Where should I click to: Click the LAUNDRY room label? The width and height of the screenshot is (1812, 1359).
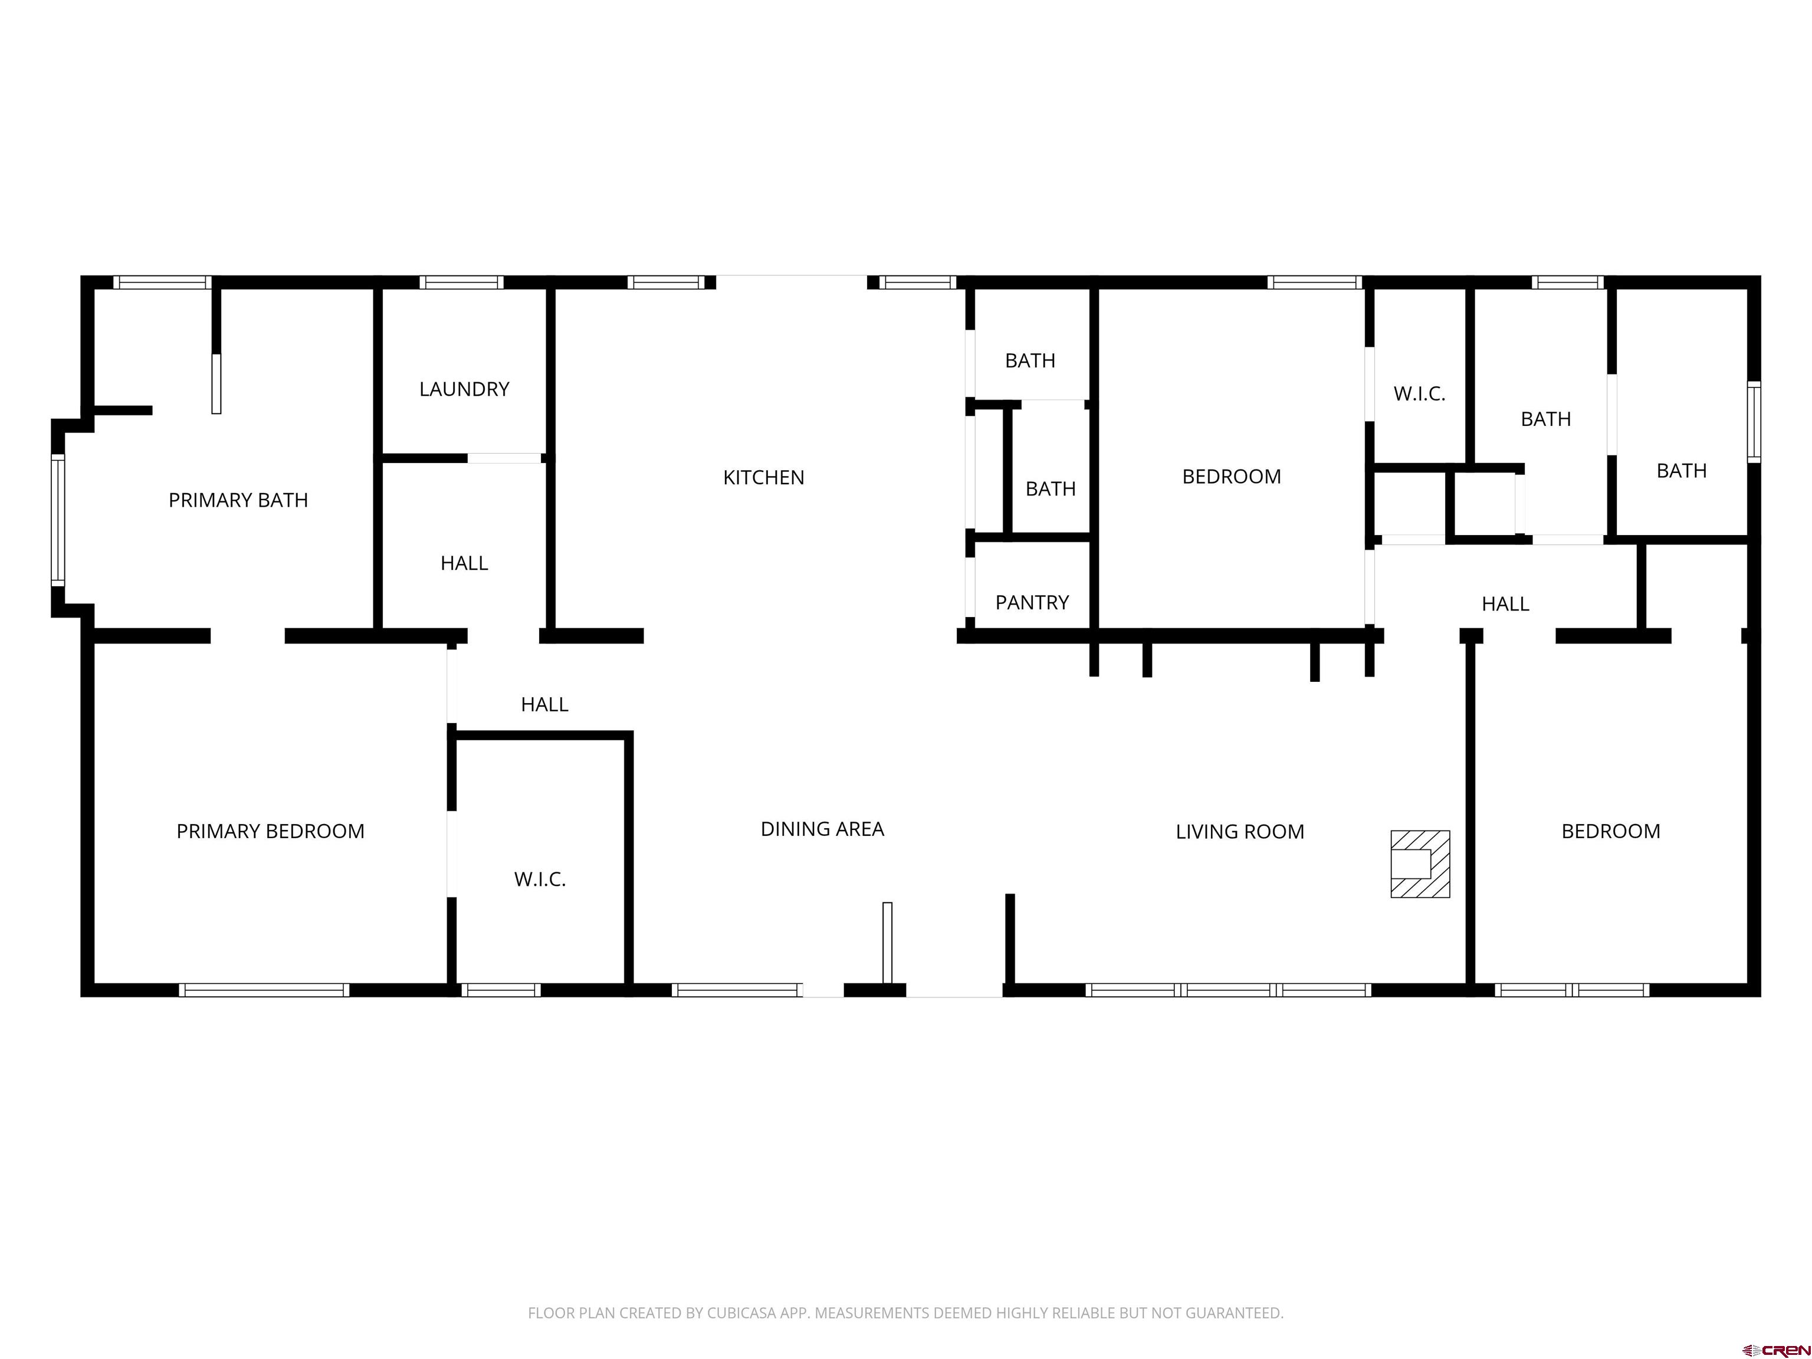(x=464, y=389)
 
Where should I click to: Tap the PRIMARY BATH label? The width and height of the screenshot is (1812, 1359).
(x=238, y=500)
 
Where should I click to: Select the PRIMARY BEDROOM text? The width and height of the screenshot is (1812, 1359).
(x=270, y=832)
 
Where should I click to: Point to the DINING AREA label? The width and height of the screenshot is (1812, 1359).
(x=822, y=829)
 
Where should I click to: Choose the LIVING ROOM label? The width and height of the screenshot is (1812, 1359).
(x=1239, y=832)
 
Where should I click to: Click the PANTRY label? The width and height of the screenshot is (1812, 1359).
(x=1032, y=603)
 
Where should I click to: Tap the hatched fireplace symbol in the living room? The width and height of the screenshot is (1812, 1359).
(x=1420, y=864)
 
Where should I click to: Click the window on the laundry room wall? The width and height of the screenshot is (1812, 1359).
(x=461, y=283)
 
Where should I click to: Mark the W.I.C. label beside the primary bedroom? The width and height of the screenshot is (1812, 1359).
(x=540, y=879)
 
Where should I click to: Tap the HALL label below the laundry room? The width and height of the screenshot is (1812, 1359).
(x=464, y=563)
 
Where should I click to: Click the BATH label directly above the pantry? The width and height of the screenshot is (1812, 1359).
(x=1050, y=489)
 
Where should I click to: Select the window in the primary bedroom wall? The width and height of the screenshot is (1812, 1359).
(x=264, y=990)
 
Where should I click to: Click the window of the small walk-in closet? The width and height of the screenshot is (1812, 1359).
(x=501, y=990)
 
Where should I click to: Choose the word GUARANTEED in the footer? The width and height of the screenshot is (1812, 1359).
(x=1234, y=1313)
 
